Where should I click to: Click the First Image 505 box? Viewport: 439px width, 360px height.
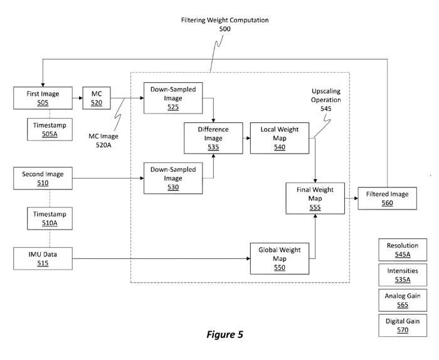pyautogui.click(x=43, y=98)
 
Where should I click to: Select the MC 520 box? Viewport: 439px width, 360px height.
pyautogui.click(x=96, y=98)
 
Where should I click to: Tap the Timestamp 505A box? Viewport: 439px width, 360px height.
pyautogui.click(x=49, y=130)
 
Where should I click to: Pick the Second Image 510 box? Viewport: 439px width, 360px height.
pyautogui.click(x=43, y=179)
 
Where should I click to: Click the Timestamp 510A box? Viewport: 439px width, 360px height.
pyautogui.click(x=49, y=219)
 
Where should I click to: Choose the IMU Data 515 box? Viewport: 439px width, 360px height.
pyautogui.click(x=43, y=258)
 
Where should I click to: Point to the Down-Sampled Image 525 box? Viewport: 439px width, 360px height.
pyautogui.click(x=172, y=98)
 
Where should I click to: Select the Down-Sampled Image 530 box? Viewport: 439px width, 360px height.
pyautogui.click(x=172, y=179)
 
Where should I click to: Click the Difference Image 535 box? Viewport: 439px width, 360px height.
pyautogui.click(x=213, y=139)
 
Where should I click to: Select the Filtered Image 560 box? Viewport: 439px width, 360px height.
pyautogui.click(x=386, y=198)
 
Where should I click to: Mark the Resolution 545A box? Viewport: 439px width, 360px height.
pyautogui.click(x=402, y=250)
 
